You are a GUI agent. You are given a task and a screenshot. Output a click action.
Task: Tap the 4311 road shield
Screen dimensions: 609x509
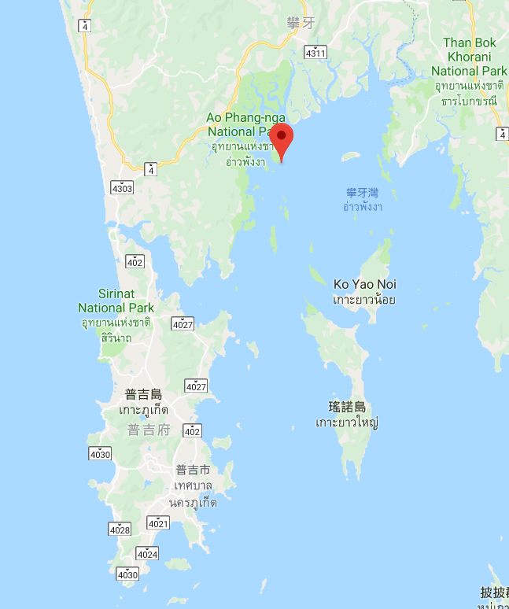click(x=315, y=53)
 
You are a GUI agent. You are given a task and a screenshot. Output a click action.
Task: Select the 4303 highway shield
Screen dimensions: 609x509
click(x=122, y=187)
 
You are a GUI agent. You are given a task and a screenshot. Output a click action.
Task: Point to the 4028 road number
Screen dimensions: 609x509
click(x=120, y=530)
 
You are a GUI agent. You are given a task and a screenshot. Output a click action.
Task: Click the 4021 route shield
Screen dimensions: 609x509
click(x=158, y=522)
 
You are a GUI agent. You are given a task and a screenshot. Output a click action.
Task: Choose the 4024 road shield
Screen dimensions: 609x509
click(x=147, y=553)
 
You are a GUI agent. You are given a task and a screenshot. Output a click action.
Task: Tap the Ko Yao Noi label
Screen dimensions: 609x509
click(x=364, y=284)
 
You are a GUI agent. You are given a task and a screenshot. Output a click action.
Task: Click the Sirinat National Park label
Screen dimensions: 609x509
click(x=116, y=301)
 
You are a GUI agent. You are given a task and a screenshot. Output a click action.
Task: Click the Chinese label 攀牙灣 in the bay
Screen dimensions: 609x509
click(x=362, y=193)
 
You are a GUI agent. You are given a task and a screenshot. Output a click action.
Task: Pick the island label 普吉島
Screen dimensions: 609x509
click(x=142, y=395)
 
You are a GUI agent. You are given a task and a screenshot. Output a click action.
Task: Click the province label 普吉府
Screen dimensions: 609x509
click(x=148, y=430)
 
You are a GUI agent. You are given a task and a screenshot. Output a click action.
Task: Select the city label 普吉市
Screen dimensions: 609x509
click(x=192, y=470)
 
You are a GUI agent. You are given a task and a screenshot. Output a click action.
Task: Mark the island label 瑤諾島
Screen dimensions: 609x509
click(x=347, y=407)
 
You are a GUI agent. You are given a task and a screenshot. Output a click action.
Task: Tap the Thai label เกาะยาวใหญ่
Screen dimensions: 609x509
click(x=347, y=423)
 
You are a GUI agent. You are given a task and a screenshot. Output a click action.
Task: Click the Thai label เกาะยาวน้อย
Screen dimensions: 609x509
click(x=363, y=299)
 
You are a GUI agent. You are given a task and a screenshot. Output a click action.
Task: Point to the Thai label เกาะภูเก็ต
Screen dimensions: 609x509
click(x=141, y=411)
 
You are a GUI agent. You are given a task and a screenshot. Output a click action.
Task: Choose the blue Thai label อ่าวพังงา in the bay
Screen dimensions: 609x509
click(x=363, y=207)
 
